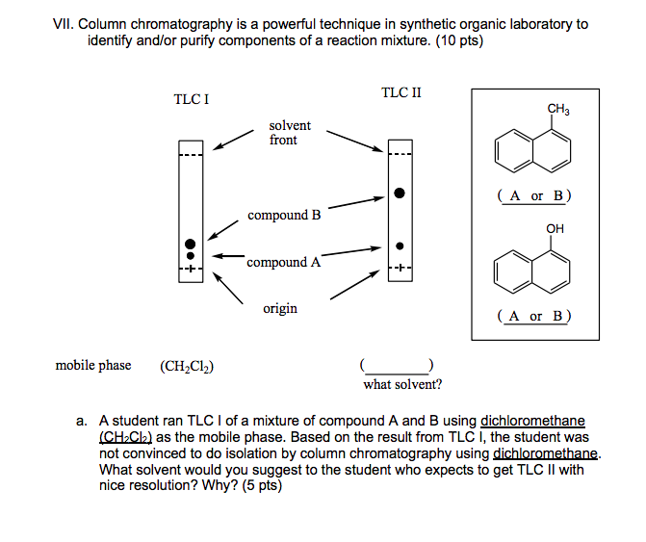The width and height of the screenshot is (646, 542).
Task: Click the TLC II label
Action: click(x=401, y=93)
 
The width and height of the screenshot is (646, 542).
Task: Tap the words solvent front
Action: click(x=289, y=133)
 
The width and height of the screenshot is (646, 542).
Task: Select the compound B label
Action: click(x=284, y=215)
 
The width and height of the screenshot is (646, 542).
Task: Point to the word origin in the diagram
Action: click(x=280, y=308)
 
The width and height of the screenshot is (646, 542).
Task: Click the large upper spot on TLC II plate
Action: click(x=399, y=194)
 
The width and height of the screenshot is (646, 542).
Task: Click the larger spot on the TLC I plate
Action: click(x=191, y=245)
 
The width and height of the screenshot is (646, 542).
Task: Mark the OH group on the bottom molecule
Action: click(x=556, y=228)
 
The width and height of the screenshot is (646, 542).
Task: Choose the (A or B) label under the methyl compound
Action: click(x=534, y=195)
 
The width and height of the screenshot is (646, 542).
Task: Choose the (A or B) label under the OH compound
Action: click(x=534, y=315)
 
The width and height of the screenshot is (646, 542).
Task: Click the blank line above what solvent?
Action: click(x=399, y=369)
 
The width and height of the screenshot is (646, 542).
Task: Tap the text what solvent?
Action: click(x=402, y=385)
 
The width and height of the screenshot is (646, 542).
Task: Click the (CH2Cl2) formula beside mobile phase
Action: click(x=187, y=366)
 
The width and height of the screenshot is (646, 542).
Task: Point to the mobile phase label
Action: click(x=93, y=365)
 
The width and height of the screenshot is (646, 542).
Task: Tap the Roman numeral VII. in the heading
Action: click(x=65, y=24)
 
